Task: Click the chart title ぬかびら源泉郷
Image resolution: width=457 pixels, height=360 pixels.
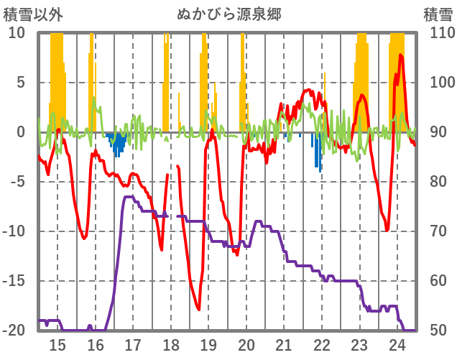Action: pos(228,14)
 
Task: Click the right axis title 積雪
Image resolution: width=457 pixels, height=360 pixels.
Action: pos(438,14)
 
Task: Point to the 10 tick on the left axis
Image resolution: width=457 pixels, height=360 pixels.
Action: pos(17,33)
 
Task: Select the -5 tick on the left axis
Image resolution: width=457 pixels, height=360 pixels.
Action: pos(15,182)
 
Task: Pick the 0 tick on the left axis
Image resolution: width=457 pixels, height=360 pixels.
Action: pos(20,132)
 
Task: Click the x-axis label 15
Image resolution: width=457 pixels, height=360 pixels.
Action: pos(57,344)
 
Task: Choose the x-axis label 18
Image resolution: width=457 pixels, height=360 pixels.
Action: pos(171,344)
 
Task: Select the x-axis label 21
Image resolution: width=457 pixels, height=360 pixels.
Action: pos(284,344)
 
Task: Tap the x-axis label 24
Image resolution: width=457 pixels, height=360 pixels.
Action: pos(397,344)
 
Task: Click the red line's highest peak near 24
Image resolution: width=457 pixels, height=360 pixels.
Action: pos(400,55)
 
